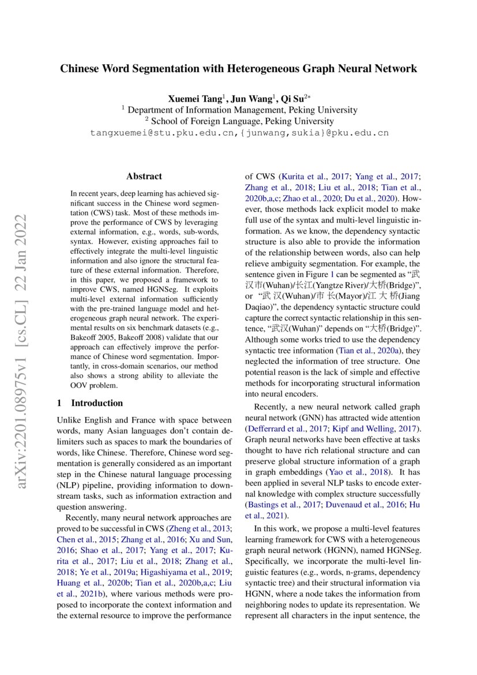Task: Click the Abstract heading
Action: [x=144, y=176]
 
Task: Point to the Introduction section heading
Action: [x=96, y=402]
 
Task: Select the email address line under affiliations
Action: [x=239, y=133]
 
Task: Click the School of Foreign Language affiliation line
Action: [x=239, y=121]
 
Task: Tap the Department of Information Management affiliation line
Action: [x=239, y=110]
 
